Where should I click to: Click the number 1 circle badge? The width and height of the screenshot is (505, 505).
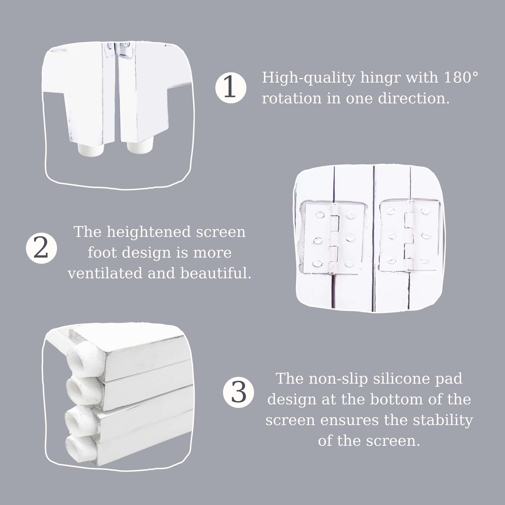click(x=231, y=88)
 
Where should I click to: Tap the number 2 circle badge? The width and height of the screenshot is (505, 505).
click(x=41, y=248)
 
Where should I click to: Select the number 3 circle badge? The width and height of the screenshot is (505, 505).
click(x=238, y=392)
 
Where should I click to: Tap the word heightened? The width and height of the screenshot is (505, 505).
click(x=149, y=232)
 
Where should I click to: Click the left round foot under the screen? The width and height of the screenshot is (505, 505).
click(x=91, y=148)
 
